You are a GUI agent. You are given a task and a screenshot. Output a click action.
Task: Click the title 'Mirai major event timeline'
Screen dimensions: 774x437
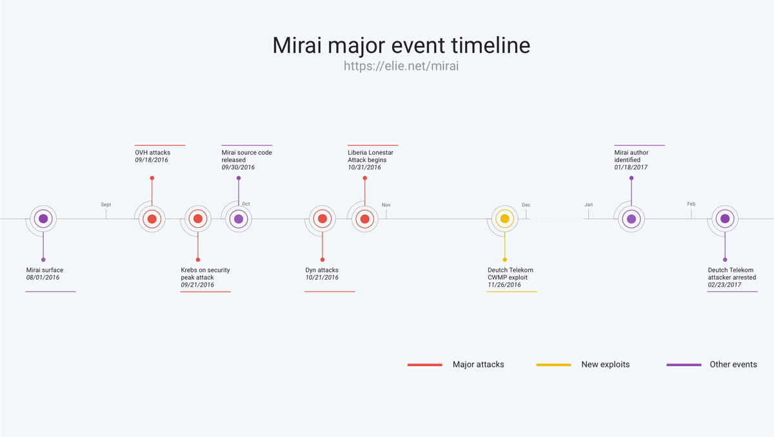click(401, 45)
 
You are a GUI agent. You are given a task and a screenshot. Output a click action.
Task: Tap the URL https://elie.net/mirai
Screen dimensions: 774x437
click(401, 66)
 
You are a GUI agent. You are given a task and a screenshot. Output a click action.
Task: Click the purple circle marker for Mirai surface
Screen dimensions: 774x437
click(43, 219)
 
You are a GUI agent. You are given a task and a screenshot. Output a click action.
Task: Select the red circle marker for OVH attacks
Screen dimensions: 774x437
click(152, 219)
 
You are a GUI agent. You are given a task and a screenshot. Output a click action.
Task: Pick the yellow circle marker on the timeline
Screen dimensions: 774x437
click(505, 219)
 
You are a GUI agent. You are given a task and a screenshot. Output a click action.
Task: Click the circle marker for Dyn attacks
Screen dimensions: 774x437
click(322, 219)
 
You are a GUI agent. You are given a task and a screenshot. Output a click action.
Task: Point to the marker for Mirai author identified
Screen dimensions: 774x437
click(631, 219)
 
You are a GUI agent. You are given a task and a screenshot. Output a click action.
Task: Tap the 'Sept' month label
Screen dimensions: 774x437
click(106, 205)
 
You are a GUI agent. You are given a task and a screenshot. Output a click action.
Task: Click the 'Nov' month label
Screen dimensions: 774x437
click(386, 205)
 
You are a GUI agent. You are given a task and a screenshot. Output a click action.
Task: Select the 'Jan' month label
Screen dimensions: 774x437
click(588, 205)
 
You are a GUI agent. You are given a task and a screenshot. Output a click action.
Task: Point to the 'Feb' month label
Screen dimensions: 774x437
click(691, 204)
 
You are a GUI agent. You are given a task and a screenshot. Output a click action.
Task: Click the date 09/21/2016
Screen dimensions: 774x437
click(197, 285)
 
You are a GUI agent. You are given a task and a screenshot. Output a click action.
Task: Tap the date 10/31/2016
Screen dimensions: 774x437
click(364, 167)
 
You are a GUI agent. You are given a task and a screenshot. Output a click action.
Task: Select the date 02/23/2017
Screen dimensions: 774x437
click(724, 285)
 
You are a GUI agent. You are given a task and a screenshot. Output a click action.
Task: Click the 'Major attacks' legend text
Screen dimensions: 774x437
click(478, 365)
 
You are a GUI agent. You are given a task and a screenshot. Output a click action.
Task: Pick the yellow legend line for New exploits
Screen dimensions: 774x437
click(553, 365)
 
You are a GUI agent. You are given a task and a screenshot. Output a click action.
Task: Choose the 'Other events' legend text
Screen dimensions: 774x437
click(733, 365)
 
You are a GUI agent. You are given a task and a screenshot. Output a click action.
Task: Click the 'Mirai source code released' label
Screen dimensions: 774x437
click(246, 156)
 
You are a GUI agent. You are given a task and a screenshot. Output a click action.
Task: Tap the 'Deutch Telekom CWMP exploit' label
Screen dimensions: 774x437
click(510, 274)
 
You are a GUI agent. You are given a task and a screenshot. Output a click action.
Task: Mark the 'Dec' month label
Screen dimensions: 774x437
click(526, 205)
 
